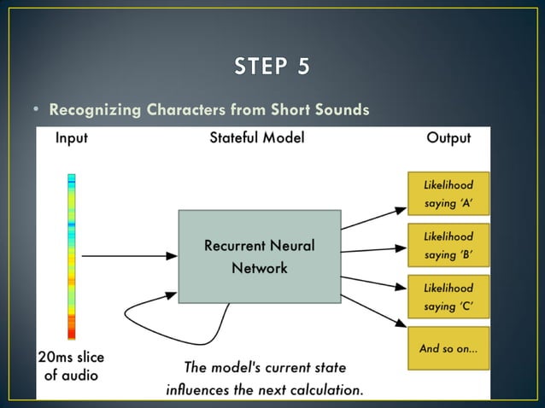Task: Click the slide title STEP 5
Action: coord(272,67)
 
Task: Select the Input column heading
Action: coord(77,137)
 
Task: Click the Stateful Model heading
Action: coord(256,137)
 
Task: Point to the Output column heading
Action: coord(448,137)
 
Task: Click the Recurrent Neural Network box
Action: coord(259,256)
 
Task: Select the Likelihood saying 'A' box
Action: coord(448,195)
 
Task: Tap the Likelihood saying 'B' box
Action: coord(448,246)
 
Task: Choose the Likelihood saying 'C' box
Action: coord(448,297)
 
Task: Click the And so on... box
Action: coord(448,348)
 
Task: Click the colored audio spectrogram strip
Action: coord(72,256)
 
